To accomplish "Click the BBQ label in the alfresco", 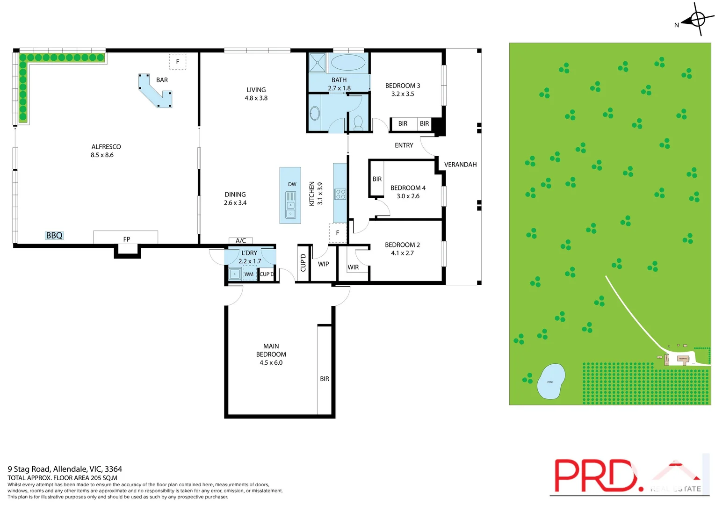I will point(54,236).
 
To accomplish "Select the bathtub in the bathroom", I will point(347,63).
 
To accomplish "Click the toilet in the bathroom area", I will point(358,122).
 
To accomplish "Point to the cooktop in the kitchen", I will point(340,194).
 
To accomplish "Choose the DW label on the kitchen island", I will point(292,184).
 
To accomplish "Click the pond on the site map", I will point(551,382).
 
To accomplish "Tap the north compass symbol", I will point(697,20).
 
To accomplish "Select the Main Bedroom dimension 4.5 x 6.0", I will point(271,363).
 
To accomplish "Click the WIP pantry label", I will point(323,264).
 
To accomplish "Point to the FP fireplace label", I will point(126,239).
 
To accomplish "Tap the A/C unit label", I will point(240,241).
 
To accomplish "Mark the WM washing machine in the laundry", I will point(249,274).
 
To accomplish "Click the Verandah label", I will point(460,165).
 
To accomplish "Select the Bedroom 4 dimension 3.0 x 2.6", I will point(408,196).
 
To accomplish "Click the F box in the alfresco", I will point(178,61).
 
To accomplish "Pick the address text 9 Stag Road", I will point(65,469).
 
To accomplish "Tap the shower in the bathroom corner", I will point(318,63).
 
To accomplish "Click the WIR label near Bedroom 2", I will point(353,267).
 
